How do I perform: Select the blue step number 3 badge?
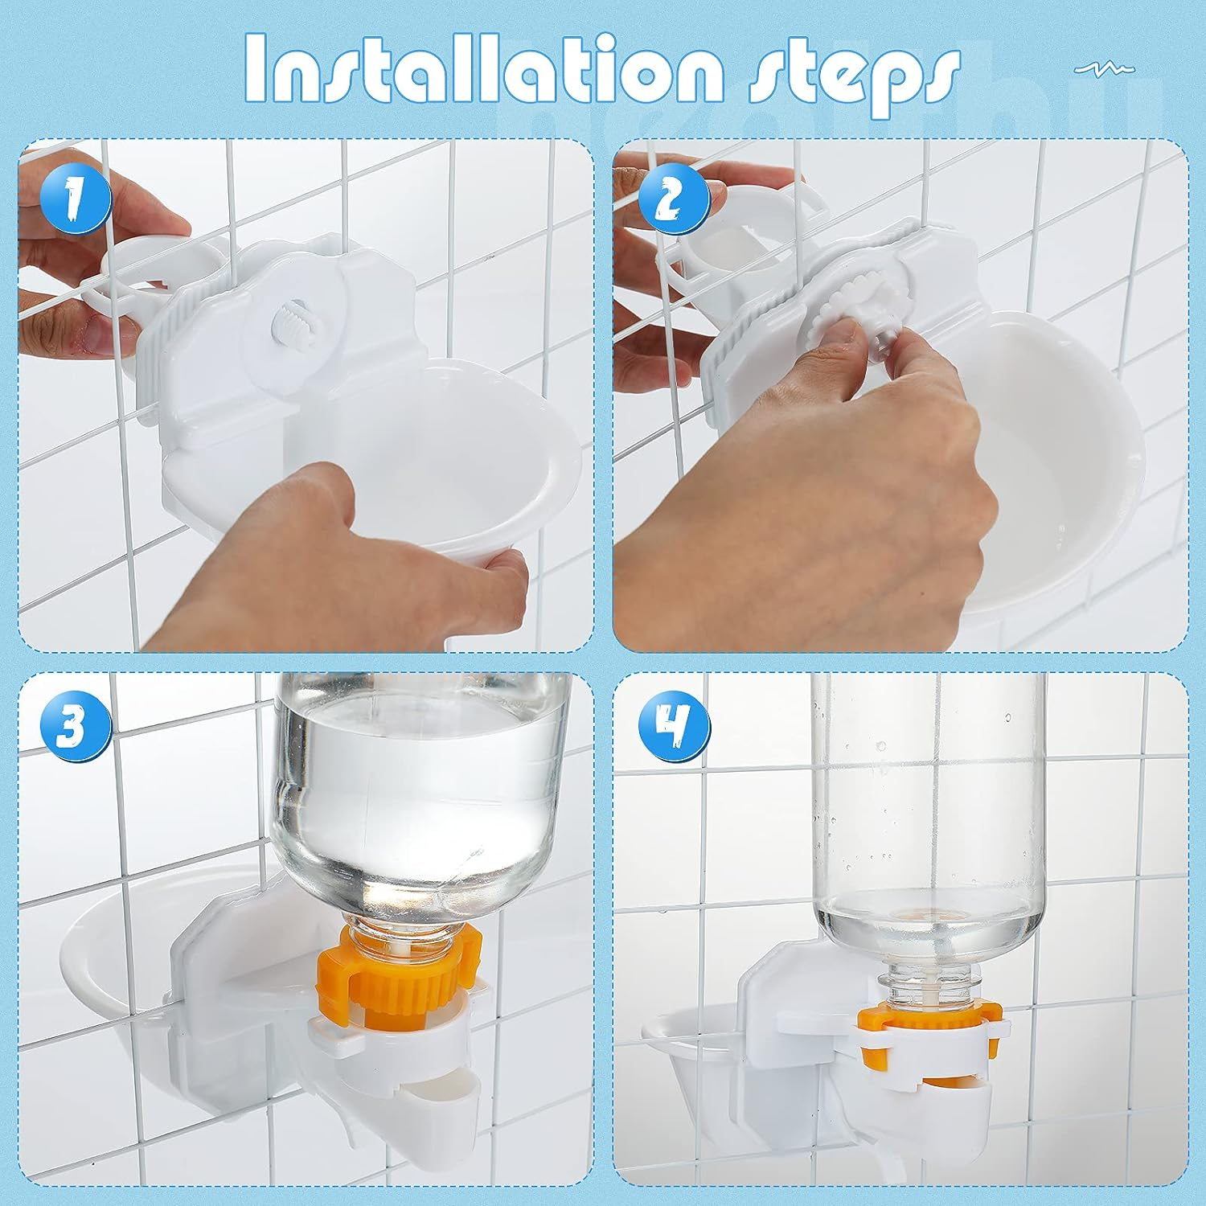75,728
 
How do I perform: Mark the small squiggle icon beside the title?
1105,70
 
